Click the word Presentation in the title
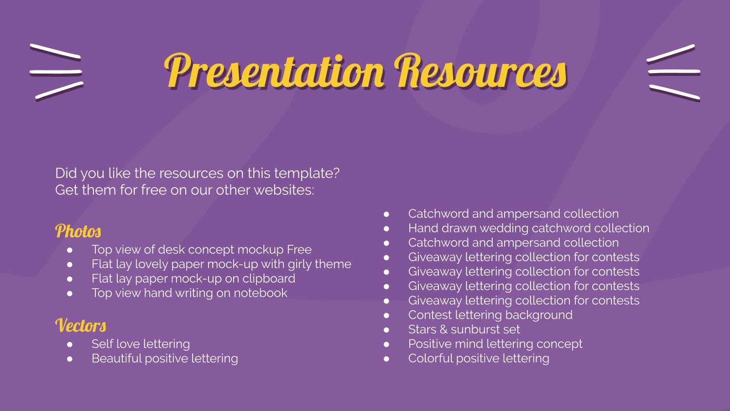[274, 72]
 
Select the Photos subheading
[78, 231]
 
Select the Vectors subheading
[81, 326]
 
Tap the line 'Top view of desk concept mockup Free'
[201, 250]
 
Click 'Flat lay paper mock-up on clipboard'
[193, 279]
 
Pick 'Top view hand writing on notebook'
[189, 293]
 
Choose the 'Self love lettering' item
[141, 344]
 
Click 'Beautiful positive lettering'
[165, 358]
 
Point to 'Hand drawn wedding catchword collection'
[528, 228]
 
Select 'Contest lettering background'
[490, 315]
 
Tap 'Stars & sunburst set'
[464, 330]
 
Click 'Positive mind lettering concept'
[495, 344]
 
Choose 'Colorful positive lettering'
[479, 358]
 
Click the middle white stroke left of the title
[56, 72]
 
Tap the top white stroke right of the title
[671, 53]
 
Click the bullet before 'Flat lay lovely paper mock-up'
[70, 264]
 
